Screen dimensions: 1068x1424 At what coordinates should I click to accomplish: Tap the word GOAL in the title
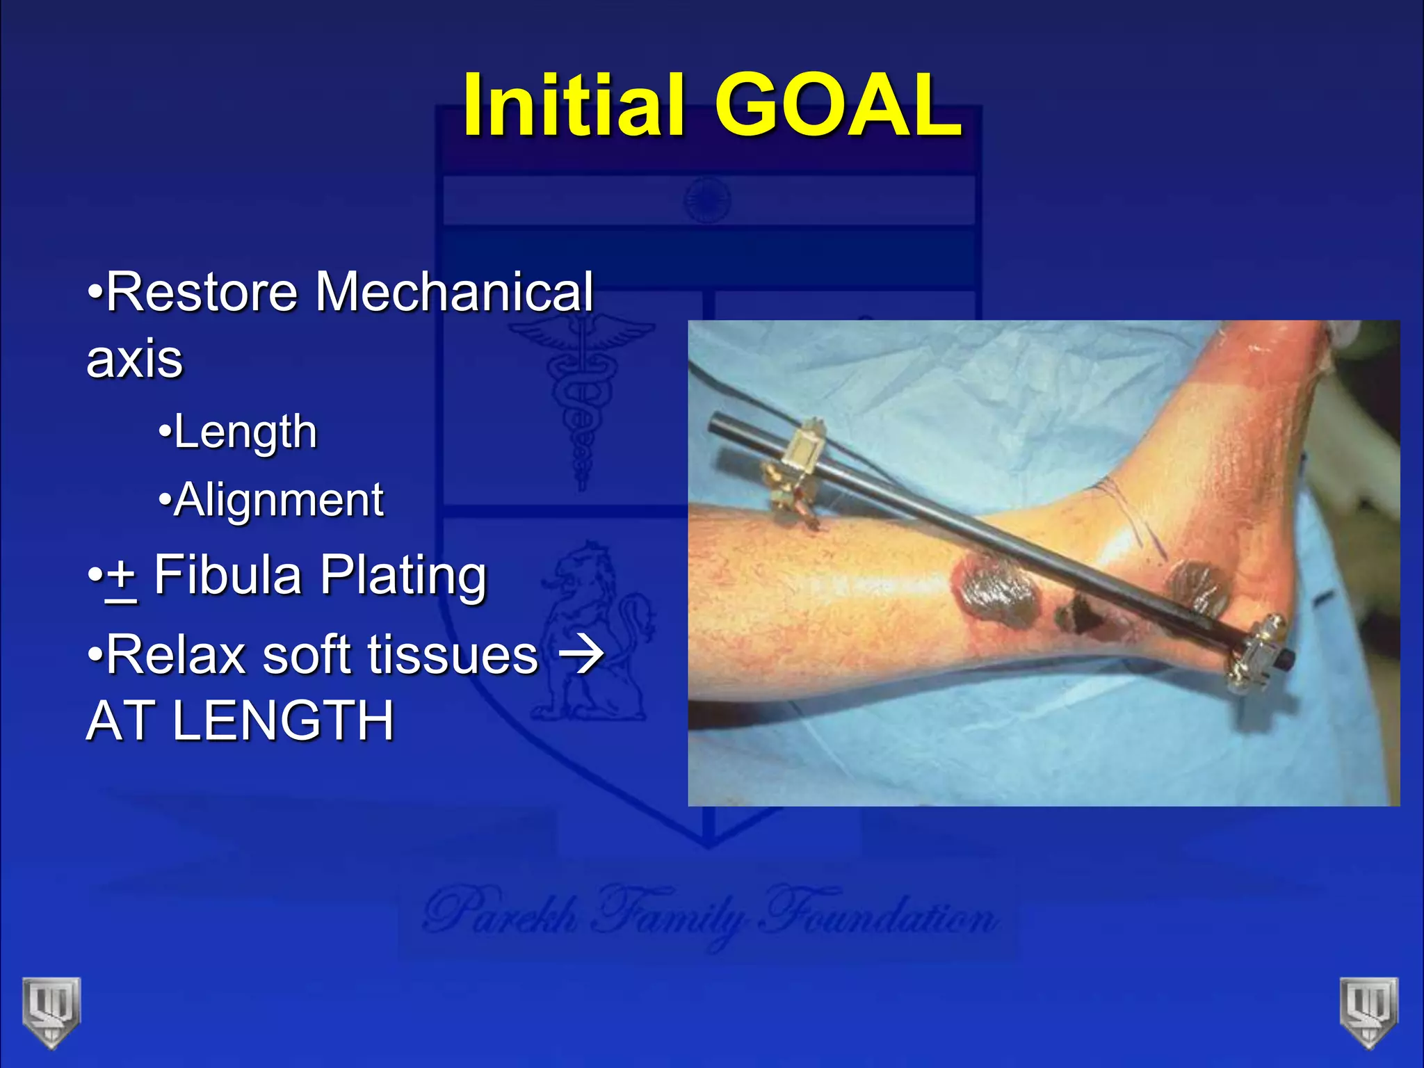tap(838, 106)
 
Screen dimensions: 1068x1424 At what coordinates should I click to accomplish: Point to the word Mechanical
tap(455, 292)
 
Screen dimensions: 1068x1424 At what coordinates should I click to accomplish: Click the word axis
tap(135, 359)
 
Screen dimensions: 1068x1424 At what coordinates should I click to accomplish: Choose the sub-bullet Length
tap(245, 432)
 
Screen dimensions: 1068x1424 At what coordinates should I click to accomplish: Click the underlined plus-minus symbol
tap(121, 577)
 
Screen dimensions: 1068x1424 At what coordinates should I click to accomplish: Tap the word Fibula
tap(228, 576)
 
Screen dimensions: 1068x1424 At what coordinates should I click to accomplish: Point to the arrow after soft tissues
tap(581, 655)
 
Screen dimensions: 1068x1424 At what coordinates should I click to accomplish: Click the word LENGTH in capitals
tap(282, 720)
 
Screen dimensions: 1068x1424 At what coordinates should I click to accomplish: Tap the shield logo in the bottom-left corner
tap(51, 1010)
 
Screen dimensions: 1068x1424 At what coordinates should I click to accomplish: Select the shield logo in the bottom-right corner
tap(1369, 1010)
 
